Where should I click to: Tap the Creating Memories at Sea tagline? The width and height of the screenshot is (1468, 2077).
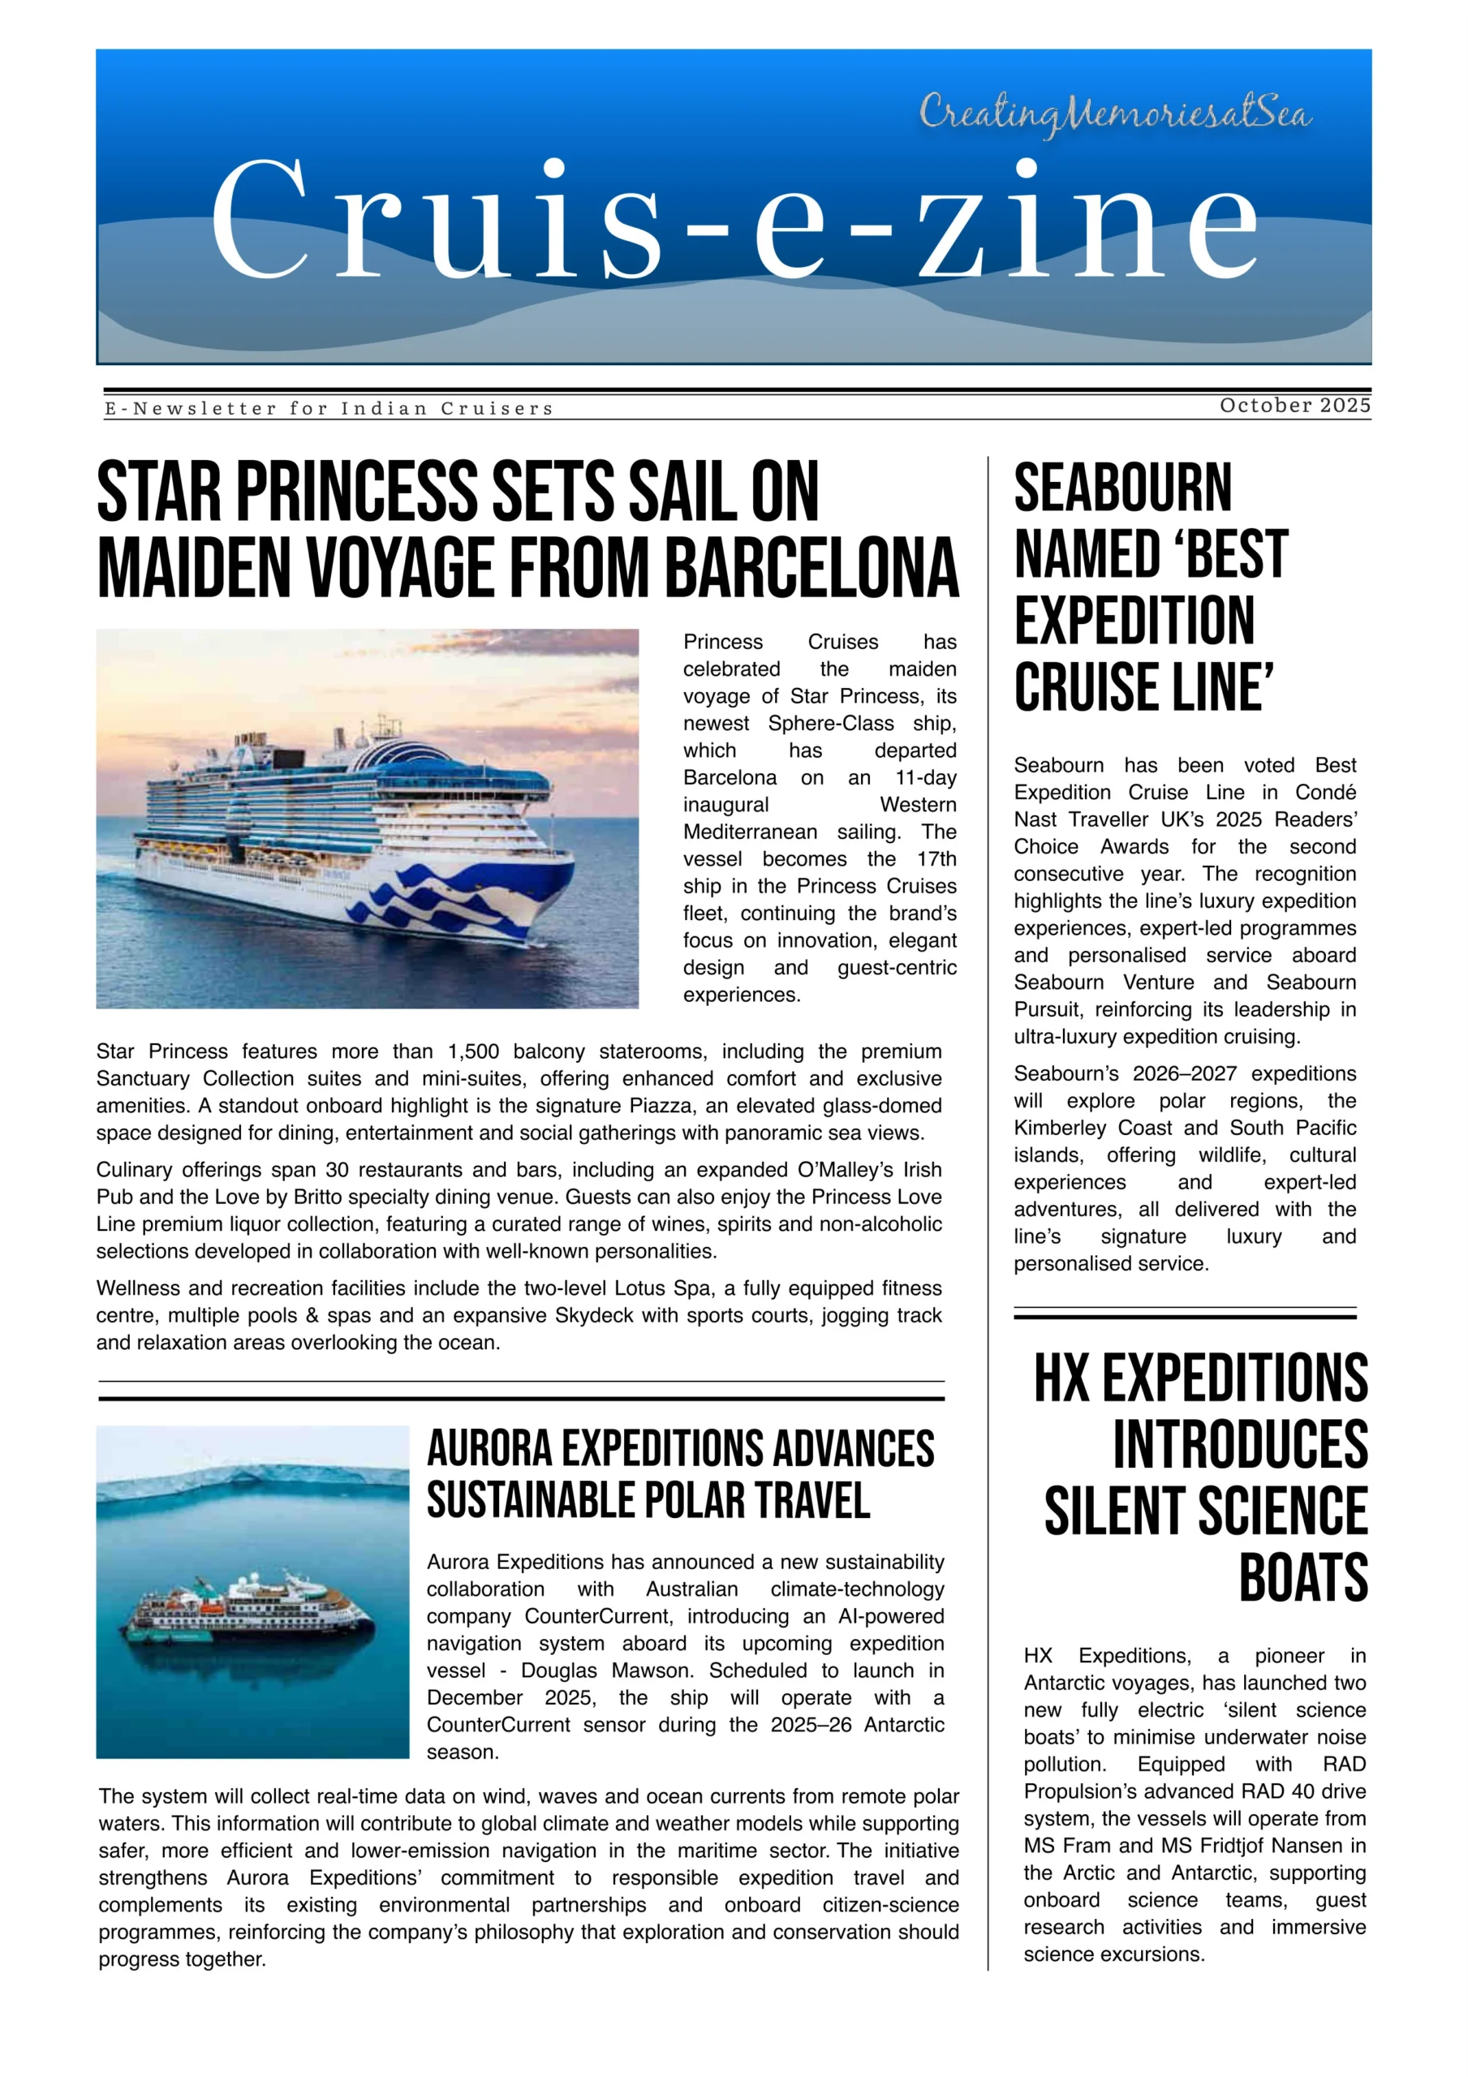1115,116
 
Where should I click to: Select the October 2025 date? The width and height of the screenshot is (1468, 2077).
1294,406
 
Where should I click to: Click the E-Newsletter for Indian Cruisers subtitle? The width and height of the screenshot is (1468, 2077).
329,409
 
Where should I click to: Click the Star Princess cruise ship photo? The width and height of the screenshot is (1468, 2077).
367,818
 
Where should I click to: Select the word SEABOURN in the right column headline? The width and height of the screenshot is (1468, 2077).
1122,488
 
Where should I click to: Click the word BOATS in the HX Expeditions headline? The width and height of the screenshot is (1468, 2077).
1302,1579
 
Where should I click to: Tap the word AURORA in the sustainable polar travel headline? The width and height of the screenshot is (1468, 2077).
489,1448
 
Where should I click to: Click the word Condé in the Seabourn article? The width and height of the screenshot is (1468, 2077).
1325,793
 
